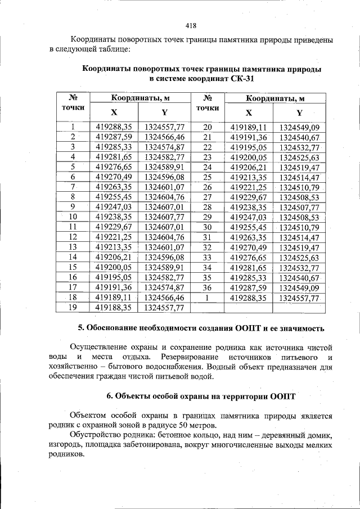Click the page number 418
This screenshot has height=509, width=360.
coord(190,25)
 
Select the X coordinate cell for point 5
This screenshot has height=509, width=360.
coord(114,167)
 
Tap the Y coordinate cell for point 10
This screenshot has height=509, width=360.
coord(164,217)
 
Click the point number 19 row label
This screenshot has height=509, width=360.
coord(72,308)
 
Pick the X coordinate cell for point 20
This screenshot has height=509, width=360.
coord(249,127)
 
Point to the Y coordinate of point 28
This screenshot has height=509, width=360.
coord(299,206)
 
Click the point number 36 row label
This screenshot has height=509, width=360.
coord(207,287)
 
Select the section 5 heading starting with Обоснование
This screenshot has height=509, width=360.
coord(201,328)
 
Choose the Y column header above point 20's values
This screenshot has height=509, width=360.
coord(299,112)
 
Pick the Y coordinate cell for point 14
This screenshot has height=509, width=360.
coord(164,257)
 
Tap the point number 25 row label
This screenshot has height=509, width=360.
coord(207,177)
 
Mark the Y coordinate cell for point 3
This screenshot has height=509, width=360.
coord(164,147)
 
